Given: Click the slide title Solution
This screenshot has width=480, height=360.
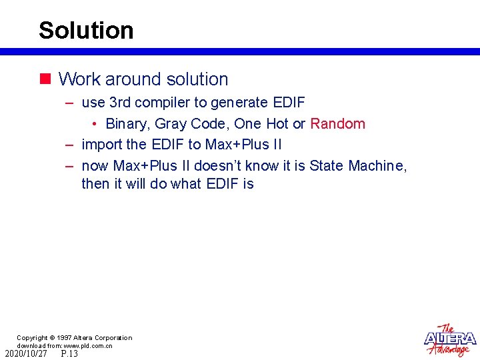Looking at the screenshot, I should pos(86,31).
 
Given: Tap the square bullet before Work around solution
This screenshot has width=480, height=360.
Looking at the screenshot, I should pos(45,79).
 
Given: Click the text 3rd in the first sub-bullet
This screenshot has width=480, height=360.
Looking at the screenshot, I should pos(121,103).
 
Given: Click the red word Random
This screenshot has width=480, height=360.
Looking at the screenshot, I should pos(337,124).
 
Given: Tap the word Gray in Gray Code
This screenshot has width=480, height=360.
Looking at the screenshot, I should pos(171,124).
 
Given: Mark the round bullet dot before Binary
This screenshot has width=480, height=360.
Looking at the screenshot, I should pos(95,125).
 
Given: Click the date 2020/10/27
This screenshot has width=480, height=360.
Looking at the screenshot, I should pos(26,354).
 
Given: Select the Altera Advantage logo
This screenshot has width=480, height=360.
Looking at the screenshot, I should pos(450,341).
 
